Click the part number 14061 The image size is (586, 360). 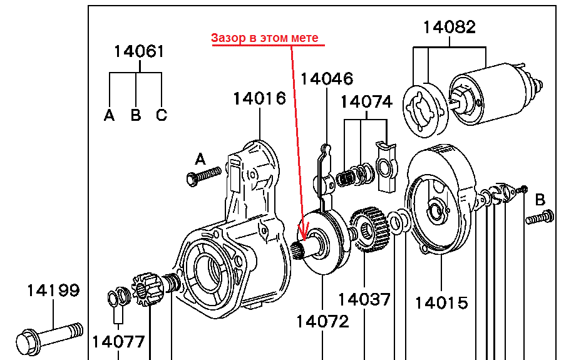click(138, 51)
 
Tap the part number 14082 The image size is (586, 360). click(449, 27)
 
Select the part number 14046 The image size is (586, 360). click(326, 78)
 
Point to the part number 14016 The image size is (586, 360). click(259, 98)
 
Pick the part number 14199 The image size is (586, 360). click(53, 291)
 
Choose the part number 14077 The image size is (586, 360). click(118, 341)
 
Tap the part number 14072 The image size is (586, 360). click(322, 322)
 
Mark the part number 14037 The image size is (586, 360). click(364, 299)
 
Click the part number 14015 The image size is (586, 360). click(441, 303)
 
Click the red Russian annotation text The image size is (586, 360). click(265, 38)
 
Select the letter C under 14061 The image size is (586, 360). click(162, 115)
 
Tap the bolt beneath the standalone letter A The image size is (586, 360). click(204, 176)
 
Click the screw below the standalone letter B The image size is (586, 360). click(539, 219)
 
